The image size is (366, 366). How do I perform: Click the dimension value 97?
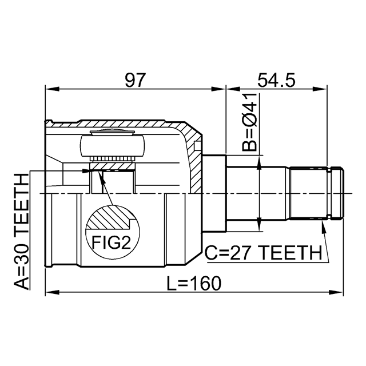point(136,80)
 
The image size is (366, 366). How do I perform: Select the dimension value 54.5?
point(276,80)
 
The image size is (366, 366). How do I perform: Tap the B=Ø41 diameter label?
point(249,122)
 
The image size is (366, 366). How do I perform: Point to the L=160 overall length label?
point(193,284)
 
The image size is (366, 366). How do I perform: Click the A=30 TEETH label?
point(21,232)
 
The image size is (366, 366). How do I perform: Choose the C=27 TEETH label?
point(263,253)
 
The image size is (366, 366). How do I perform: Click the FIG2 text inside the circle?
point(111,242)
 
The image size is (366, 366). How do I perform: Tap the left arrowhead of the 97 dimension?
point(52,89)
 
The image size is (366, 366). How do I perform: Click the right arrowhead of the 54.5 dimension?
point(320,89)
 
